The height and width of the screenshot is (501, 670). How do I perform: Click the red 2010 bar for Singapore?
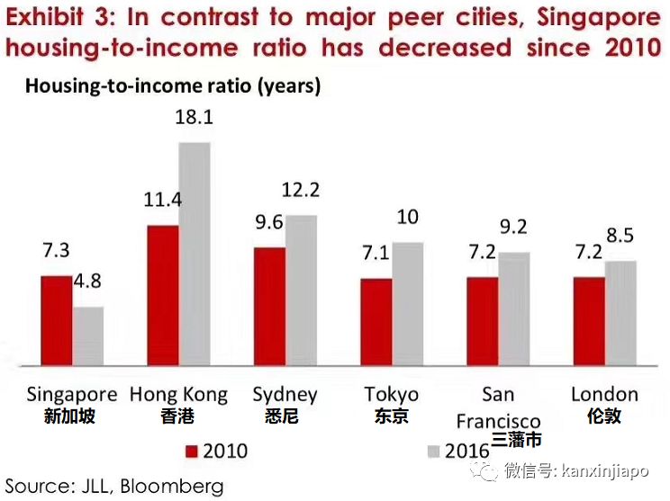pyautogui.click(x=57, y=320)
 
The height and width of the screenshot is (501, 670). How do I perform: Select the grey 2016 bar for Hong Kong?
pyautogui.click(x=195, y=254)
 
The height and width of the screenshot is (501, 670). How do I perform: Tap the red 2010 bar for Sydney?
pyautogui.click(x=269, y=306)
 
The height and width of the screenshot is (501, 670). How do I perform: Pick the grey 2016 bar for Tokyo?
pyautogui.click(x=407, y=303)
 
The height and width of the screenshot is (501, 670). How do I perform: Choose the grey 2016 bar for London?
pyautogui.click(x=620, y=313)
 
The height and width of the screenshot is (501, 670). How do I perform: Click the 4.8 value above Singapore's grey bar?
pyautogui.click(x=87, y=282)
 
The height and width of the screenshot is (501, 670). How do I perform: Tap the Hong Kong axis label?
pyautogui.click(x=178, y=395)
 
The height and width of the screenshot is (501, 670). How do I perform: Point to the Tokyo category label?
pyautogui.click(x=392, y=395)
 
